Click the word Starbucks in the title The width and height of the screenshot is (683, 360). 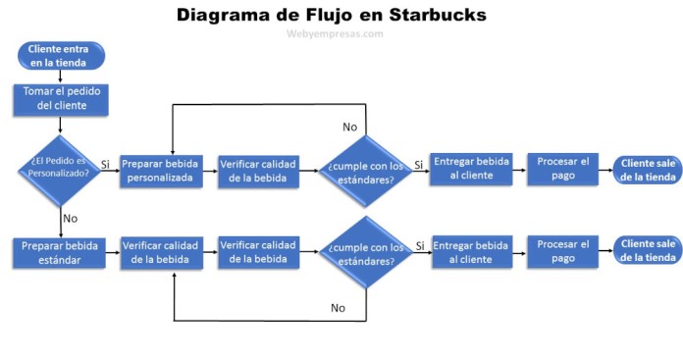(x=428, y=15)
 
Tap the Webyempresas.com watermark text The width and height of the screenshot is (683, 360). (x=335, y=33)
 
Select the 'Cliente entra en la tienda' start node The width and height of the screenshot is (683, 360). (x=62, y=55)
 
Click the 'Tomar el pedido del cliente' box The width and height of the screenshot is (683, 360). (x=62, y=99)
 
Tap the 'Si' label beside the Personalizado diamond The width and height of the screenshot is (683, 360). (x=105, y=163)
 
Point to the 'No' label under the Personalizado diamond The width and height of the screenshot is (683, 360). (x=70, y=218)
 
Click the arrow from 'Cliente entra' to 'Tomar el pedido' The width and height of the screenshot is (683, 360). (x=62, y=77)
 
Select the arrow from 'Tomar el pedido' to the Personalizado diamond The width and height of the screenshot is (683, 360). (x=62, y=124)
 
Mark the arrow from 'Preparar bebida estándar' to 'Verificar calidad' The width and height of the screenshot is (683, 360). (x=112, y=252)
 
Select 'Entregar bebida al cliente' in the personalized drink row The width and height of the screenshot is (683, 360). (x=471, y=170)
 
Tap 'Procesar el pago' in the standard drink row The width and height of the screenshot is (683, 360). (x=563, y=251)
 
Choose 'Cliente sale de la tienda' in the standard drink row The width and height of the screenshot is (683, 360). (x=646, y=251)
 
